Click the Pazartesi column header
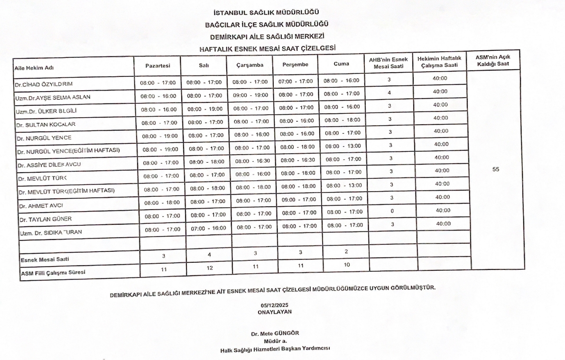click(x=157, y=65)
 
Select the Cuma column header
click(x=341, y=64)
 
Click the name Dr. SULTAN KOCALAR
click(x=46, y=124)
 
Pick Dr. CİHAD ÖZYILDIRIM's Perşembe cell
click(x=296, y=82)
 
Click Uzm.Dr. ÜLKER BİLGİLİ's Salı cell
click(x=205, y=109)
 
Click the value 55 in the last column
click(x=496, y=169)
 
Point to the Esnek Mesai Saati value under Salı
click(x=209, y=254)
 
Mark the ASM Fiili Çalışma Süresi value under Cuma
click(x=347, y=265)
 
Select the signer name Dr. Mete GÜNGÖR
click(x=275, y=333)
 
